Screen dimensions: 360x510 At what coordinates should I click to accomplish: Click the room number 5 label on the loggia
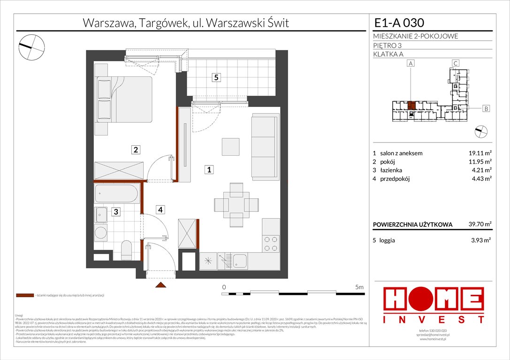[215, 78]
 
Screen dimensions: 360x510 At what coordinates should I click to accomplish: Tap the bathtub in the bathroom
[116, 194]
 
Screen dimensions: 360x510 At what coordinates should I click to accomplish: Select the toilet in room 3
[126, 249]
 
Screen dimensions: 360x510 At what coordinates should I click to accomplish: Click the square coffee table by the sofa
[231, 147]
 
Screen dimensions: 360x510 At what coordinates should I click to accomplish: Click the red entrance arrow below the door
[160, 285]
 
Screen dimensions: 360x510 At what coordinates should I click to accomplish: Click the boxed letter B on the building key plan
[487, 109]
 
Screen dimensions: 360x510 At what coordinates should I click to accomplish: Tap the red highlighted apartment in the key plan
[411, 105]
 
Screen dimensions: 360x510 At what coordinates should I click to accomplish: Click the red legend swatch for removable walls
[24, 296]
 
